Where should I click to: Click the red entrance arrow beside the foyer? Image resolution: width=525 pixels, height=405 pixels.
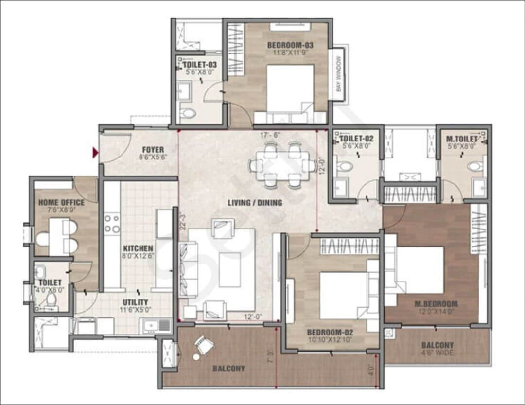click(95, 153)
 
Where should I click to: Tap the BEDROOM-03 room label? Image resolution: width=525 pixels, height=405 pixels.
click(290, 45)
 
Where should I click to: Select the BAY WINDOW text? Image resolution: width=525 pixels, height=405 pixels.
click(338, 74)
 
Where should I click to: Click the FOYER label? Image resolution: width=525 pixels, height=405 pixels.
click(153, 150)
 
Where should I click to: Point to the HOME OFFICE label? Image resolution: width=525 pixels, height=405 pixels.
click(62, 202)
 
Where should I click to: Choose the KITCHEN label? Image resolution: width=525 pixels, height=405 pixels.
click(138, 248)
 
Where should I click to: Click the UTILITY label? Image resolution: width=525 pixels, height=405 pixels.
click(135, 302)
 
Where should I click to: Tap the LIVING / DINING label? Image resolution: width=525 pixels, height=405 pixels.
click(255, 203)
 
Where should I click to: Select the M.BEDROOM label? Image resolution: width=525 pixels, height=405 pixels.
click(436, 304)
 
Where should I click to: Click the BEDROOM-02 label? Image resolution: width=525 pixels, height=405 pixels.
click(330, 332)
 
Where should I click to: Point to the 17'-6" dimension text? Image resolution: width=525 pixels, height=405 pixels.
click(270, 135)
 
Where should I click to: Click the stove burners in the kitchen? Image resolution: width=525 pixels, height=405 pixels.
click(112, 224)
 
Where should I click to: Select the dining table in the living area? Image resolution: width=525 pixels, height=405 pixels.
click(282, 165)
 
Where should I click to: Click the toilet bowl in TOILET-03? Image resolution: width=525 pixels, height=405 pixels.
click(188, 113)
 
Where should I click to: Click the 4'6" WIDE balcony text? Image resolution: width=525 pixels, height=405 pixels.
click(437, 353)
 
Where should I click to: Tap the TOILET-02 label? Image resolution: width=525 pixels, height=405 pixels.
click(357, 139)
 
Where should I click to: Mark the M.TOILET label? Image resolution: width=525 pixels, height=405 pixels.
click(462, 139)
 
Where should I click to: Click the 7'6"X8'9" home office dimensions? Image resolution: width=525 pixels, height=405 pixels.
click(61, 210)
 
